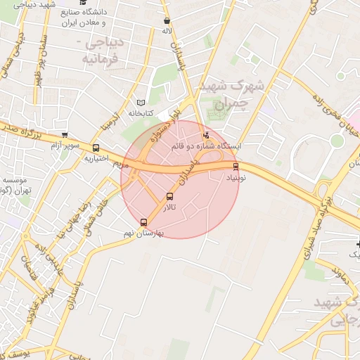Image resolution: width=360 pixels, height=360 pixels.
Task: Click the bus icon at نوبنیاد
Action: (236, 167)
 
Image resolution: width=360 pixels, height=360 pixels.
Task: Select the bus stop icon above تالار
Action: (169, 196)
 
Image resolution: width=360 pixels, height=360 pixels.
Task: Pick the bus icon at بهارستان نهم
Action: (144, 222)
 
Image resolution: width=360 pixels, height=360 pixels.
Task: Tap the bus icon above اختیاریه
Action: (96, 148)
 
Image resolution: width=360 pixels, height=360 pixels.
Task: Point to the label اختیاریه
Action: (96, 158)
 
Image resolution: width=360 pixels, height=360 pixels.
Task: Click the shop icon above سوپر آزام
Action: (65, 136)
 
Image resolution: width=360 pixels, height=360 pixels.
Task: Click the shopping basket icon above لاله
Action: (166, 21)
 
